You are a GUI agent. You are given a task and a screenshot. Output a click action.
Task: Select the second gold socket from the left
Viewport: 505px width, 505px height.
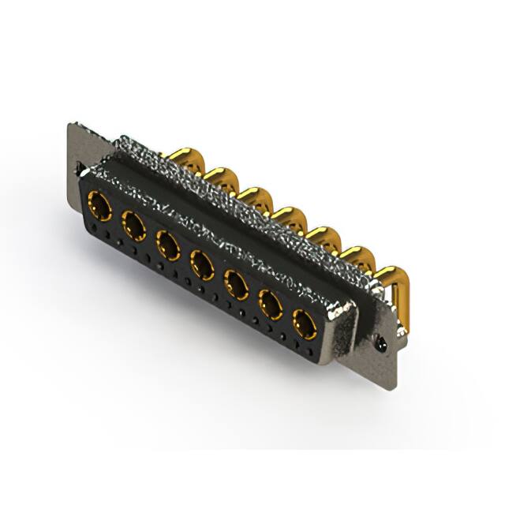coord(134,227)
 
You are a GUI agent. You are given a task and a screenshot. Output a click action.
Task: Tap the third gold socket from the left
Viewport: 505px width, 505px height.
coord(168,245)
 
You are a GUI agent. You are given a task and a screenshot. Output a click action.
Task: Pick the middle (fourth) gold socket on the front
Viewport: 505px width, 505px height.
coord(203,265)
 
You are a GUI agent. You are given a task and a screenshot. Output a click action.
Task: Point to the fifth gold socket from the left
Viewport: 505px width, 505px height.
coord(237,284)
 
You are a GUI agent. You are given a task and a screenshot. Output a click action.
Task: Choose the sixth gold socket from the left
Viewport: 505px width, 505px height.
coord(271,304)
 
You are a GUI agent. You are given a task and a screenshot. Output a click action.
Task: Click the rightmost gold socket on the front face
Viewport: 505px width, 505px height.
coord(305,324)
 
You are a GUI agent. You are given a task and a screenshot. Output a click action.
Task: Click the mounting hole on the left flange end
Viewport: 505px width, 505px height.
coord(80,167)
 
